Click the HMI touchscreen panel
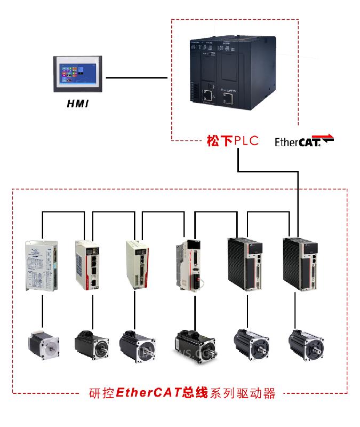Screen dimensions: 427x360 (79, 74)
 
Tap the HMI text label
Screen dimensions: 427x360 (78, 103)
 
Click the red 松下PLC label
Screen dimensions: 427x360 (232, 141)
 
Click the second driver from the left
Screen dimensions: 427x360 (86, 265)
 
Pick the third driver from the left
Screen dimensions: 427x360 (137, 265)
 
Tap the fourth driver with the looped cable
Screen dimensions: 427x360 (188, 265)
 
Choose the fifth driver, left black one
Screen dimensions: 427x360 (244, 264)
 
